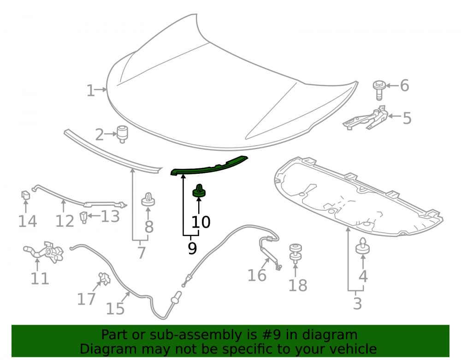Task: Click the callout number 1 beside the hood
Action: pyautogui.click(x=90, y=90)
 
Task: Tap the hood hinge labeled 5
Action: pyautogui.click(x=366, y=118)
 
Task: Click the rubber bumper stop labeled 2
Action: pyautogui.click(x=122, y=134)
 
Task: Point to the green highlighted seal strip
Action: pyautogui.click(x=209, y=166)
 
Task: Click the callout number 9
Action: pyautogui.click(x=192, y=248)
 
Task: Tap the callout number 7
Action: pyautogui.click(x=142, y=253)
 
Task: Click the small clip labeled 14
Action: pyautogui.click(x=25, y=195)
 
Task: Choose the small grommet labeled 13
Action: pyautogui.click(x=84, y=217)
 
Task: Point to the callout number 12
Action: pyautogui.click(x=65, y=222)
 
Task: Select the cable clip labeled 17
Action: pyautogui.click(x=104, y=279)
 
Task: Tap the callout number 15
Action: pyautogui.click(x=115, y=309)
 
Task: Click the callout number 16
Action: pyautogui.click(x=257, y=276)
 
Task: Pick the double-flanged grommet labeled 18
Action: pyautogui.click(x=296, y=254)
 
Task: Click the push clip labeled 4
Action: pyautogui.click(x=363, y=246)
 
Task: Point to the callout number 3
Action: pyautogui.click(x=357, y=304)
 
